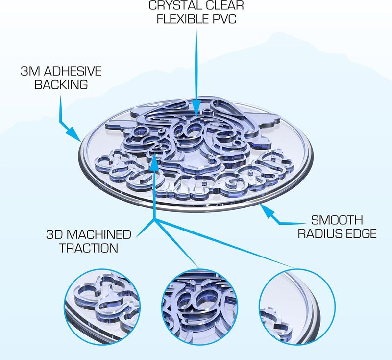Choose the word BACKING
[61, 84]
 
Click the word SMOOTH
[337, 220]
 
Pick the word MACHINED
[99, 234]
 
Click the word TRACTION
[89, 248]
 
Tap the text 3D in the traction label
[55, 234]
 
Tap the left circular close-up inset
[102, 307]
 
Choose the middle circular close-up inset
[199, 307]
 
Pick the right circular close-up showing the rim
[297, 307]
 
